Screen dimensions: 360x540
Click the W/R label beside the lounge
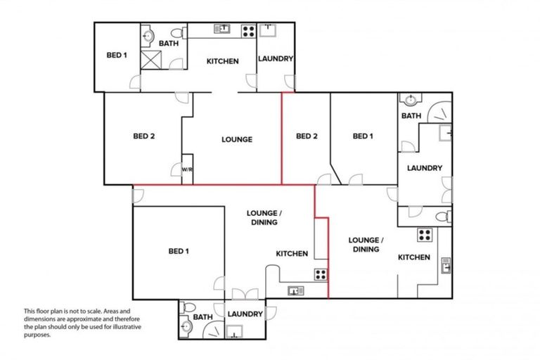tap(187, 169)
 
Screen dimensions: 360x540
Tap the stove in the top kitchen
tap(248, 30)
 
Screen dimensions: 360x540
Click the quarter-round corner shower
tap(440, 110)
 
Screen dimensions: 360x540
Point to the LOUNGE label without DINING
tap(237, 139)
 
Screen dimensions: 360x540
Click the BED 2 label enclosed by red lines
tap(307, 136)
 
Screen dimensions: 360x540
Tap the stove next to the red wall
tap(321, 275)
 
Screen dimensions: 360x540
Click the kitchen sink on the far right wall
tap(446, 265)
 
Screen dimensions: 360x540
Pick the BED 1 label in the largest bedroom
tap(178, 251)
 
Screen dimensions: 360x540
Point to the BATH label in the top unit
tap(168, 44)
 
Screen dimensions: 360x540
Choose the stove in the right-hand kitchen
tap(425, 235)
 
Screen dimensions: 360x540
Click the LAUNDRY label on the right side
tap(425, 168)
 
